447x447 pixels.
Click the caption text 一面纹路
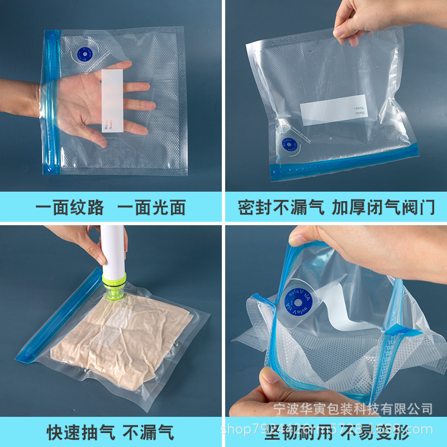coord(70,207)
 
